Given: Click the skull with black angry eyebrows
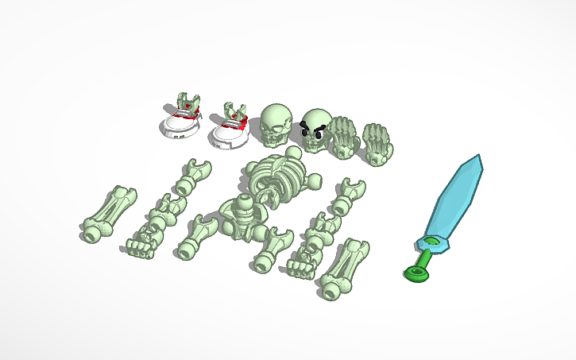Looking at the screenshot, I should point(316,130).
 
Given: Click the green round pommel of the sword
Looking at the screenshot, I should point(416,274).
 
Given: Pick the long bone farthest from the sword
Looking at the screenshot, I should point(107,214).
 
